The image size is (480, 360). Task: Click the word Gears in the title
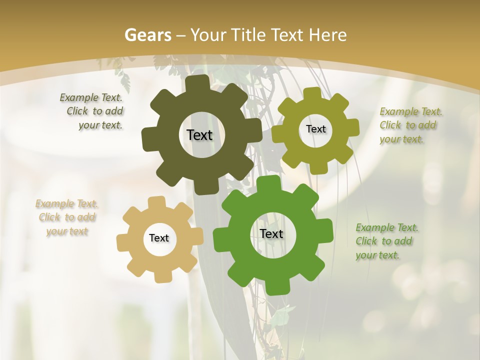(x=147, y=35)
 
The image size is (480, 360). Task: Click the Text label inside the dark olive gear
(x=199, y=135)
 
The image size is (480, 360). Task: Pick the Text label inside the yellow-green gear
(x=315, y=129)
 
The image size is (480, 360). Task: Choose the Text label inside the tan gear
(x=159, y=238)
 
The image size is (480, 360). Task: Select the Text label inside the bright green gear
(x=271, y=233)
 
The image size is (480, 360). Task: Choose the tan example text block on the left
(x=67, y=217)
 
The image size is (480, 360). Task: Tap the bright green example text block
(x=387, y=241)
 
